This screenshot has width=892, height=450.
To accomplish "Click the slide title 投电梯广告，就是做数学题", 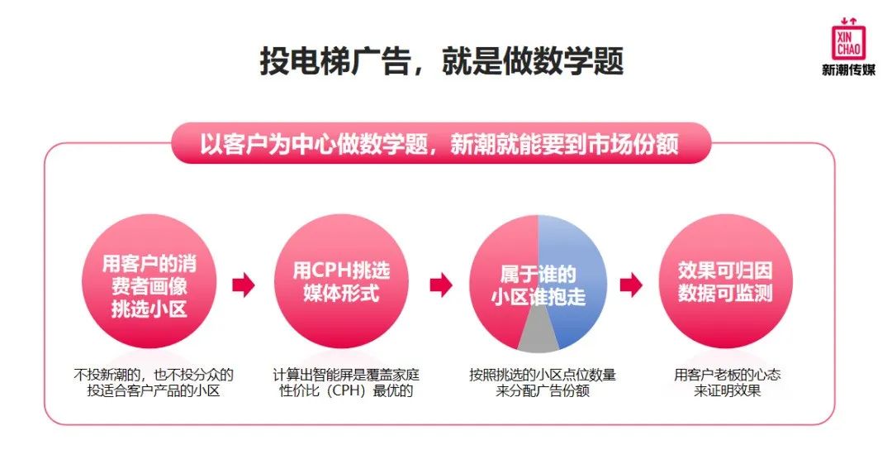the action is point(442,61).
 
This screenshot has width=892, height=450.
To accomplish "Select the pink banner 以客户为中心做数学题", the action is point(439,145).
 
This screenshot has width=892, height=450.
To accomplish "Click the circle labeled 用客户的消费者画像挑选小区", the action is point(149,285).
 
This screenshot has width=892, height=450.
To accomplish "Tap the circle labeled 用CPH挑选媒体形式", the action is point(341,285).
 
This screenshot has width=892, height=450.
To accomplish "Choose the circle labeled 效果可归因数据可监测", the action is point(725,285).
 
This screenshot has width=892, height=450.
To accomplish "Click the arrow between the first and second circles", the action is point(244,285).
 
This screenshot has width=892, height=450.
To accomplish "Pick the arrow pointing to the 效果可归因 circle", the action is point(631,285).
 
